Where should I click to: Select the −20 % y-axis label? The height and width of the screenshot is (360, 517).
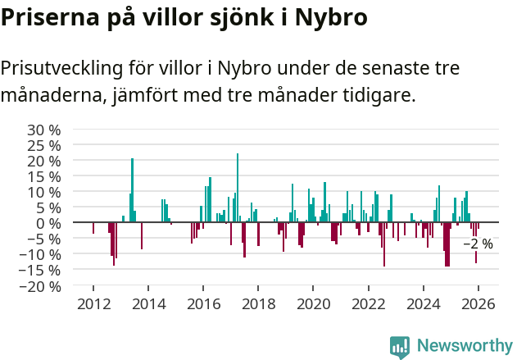[40, 286]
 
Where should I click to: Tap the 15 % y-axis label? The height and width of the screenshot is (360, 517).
[44, 176]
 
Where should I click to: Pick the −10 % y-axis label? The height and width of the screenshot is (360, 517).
[40, 255]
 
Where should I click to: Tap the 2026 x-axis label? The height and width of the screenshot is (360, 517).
[478, 304]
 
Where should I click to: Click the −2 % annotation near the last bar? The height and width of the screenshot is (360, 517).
[478, 244]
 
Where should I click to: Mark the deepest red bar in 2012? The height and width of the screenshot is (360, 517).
[114, 244]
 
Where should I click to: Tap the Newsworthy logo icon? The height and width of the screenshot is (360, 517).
[400, 346]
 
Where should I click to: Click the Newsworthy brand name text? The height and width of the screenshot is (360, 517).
[464, 346]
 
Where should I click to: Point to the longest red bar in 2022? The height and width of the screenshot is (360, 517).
[384, 244]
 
